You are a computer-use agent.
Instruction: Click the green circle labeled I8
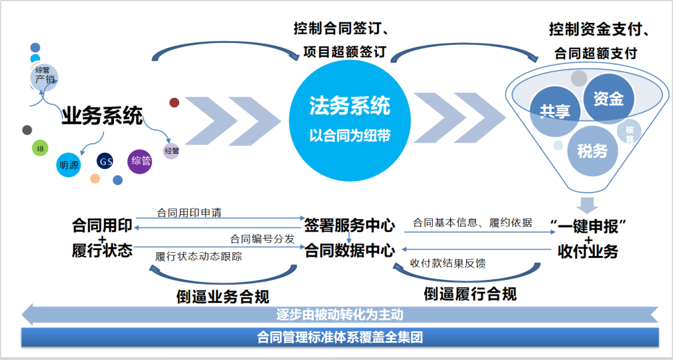pos(41,148)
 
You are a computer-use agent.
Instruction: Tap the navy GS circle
pos(105,162)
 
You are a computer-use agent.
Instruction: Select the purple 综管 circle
pos(140,161)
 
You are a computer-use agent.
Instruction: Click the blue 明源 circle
pos(69,165)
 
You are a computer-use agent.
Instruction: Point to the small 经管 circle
pos(171,151)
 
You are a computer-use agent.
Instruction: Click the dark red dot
pos(174,103)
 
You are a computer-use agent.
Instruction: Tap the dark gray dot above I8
pos(26,130)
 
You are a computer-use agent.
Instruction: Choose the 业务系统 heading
pos(102,116)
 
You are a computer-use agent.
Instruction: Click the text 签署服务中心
pos(349,225)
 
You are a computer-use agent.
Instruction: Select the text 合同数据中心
pos(349,251)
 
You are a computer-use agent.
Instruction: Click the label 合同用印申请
pos(189,213)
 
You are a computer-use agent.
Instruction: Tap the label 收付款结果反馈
pos(448,263)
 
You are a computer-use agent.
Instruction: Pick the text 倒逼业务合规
pos(223,297)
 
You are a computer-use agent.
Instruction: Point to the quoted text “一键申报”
pos(589,225)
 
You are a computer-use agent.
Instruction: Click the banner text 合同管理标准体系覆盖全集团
pos(339,337)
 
